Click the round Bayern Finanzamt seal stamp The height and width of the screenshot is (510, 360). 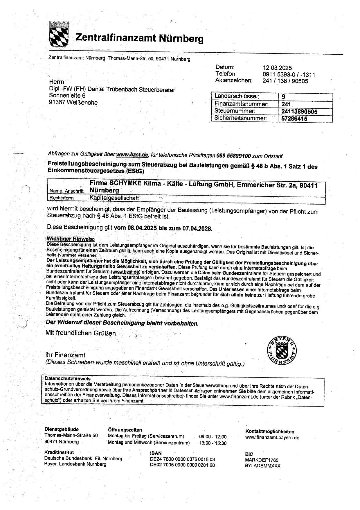[x=282, y=352]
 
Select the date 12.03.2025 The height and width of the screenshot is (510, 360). [x=277, y=68]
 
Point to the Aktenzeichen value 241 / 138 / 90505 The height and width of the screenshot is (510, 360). [x=285, y=81]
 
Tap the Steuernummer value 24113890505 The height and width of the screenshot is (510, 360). [x=299, y=112]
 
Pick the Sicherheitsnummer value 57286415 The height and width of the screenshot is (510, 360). [x=294, y=119]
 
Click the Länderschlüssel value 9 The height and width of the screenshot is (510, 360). [x=283, y=97]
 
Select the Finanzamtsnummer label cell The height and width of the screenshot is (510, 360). [x=241, y=104]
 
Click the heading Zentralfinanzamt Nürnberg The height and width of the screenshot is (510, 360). [x=139, y=38]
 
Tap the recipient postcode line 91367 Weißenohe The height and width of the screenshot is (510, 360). [x=73, y=103]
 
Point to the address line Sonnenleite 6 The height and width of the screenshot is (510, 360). [x=67, y=96]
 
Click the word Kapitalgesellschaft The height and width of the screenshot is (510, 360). [x=114, y=198]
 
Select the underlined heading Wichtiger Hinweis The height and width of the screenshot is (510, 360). [x=71, y=239]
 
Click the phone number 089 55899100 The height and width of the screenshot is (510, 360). [x=233, y=156]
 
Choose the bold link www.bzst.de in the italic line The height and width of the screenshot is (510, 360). [x=132, y=155]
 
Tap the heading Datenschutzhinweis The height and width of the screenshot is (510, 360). [x=68, y=379]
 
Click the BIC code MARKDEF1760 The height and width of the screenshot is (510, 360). [x=262, y=460]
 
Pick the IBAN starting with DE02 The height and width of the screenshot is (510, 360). [x=182, y=465]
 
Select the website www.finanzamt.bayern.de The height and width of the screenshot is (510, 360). [x=272, y=438]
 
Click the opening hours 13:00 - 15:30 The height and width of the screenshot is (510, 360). [x=213, y=443]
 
